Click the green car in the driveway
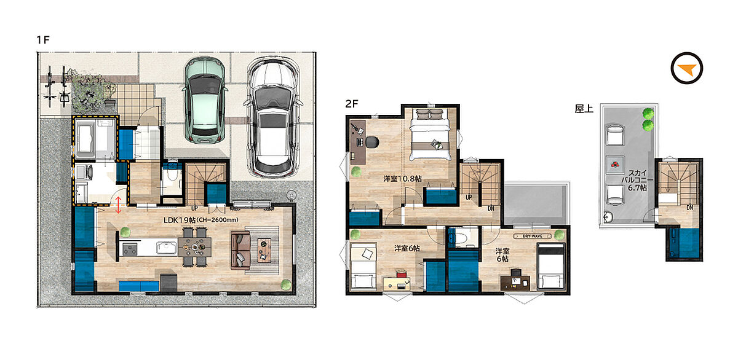205,100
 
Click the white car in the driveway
273,117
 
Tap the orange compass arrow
686,69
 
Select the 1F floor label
43,40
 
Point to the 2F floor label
352,104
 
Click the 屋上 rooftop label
584,109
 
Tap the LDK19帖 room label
180,220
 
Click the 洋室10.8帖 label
402,179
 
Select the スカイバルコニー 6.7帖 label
637,180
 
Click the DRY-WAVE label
533,236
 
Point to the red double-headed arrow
118,205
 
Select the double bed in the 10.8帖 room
430,135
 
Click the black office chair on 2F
372,142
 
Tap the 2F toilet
462,237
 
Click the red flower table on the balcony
615,165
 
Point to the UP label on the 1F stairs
195,208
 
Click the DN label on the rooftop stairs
689,208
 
